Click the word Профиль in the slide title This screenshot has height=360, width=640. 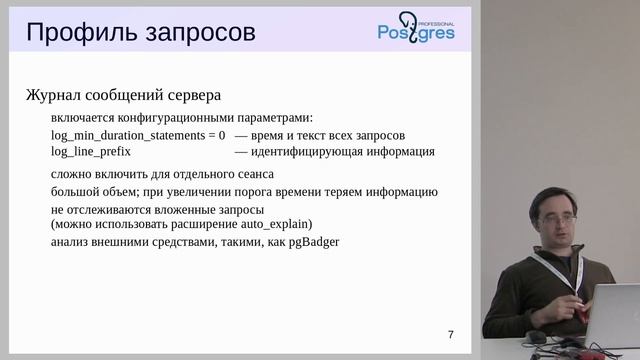80,33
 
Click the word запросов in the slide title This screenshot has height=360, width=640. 199,34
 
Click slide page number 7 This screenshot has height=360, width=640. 451,334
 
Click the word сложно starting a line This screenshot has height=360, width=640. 71,174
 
